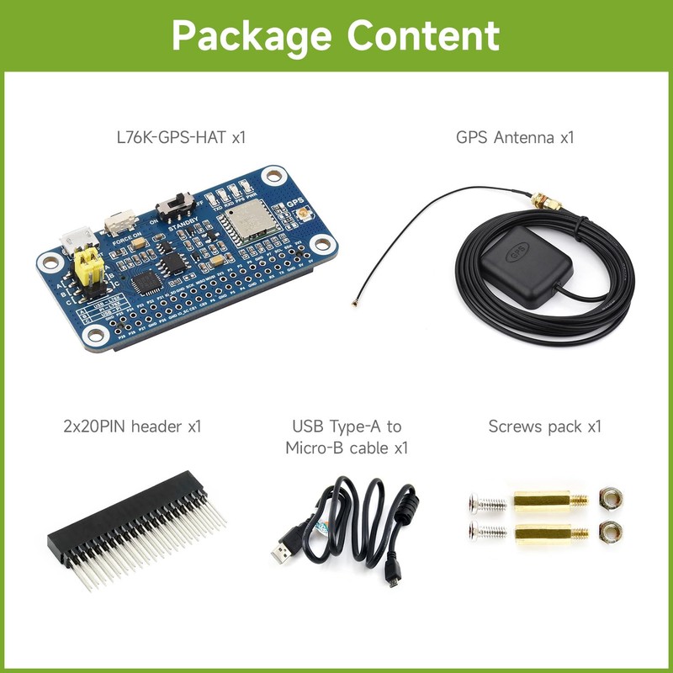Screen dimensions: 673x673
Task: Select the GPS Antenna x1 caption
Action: pyautogui.click(x=515, y=136)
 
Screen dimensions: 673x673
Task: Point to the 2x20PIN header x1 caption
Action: pyautogui.click(x=132, y=427)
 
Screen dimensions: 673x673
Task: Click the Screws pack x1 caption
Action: pyautogui.click(x=545, y=427)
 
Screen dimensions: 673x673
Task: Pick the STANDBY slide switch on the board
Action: pyautogui.click(x=176, y=204)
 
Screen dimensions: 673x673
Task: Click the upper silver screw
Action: pyautogui.click(x=485, y=505)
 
